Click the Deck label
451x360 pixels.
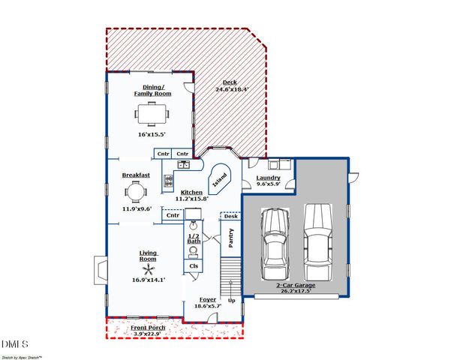230,82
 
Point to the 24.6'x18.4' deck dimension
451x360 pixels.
233,89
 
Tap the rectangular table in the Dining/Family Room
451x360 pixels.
152,114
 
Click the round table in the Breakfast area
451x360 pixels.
136,193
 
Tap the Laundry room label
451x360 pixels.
268,178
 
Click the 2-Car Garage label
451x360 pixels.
295,286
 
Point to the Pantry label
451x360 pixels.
231,238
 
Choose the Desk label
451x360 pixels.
230,216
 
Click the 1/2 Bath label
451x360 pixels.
194,238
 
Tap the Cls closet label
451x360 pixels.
194,265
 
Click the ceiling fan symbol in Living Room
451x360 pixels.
150,268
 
